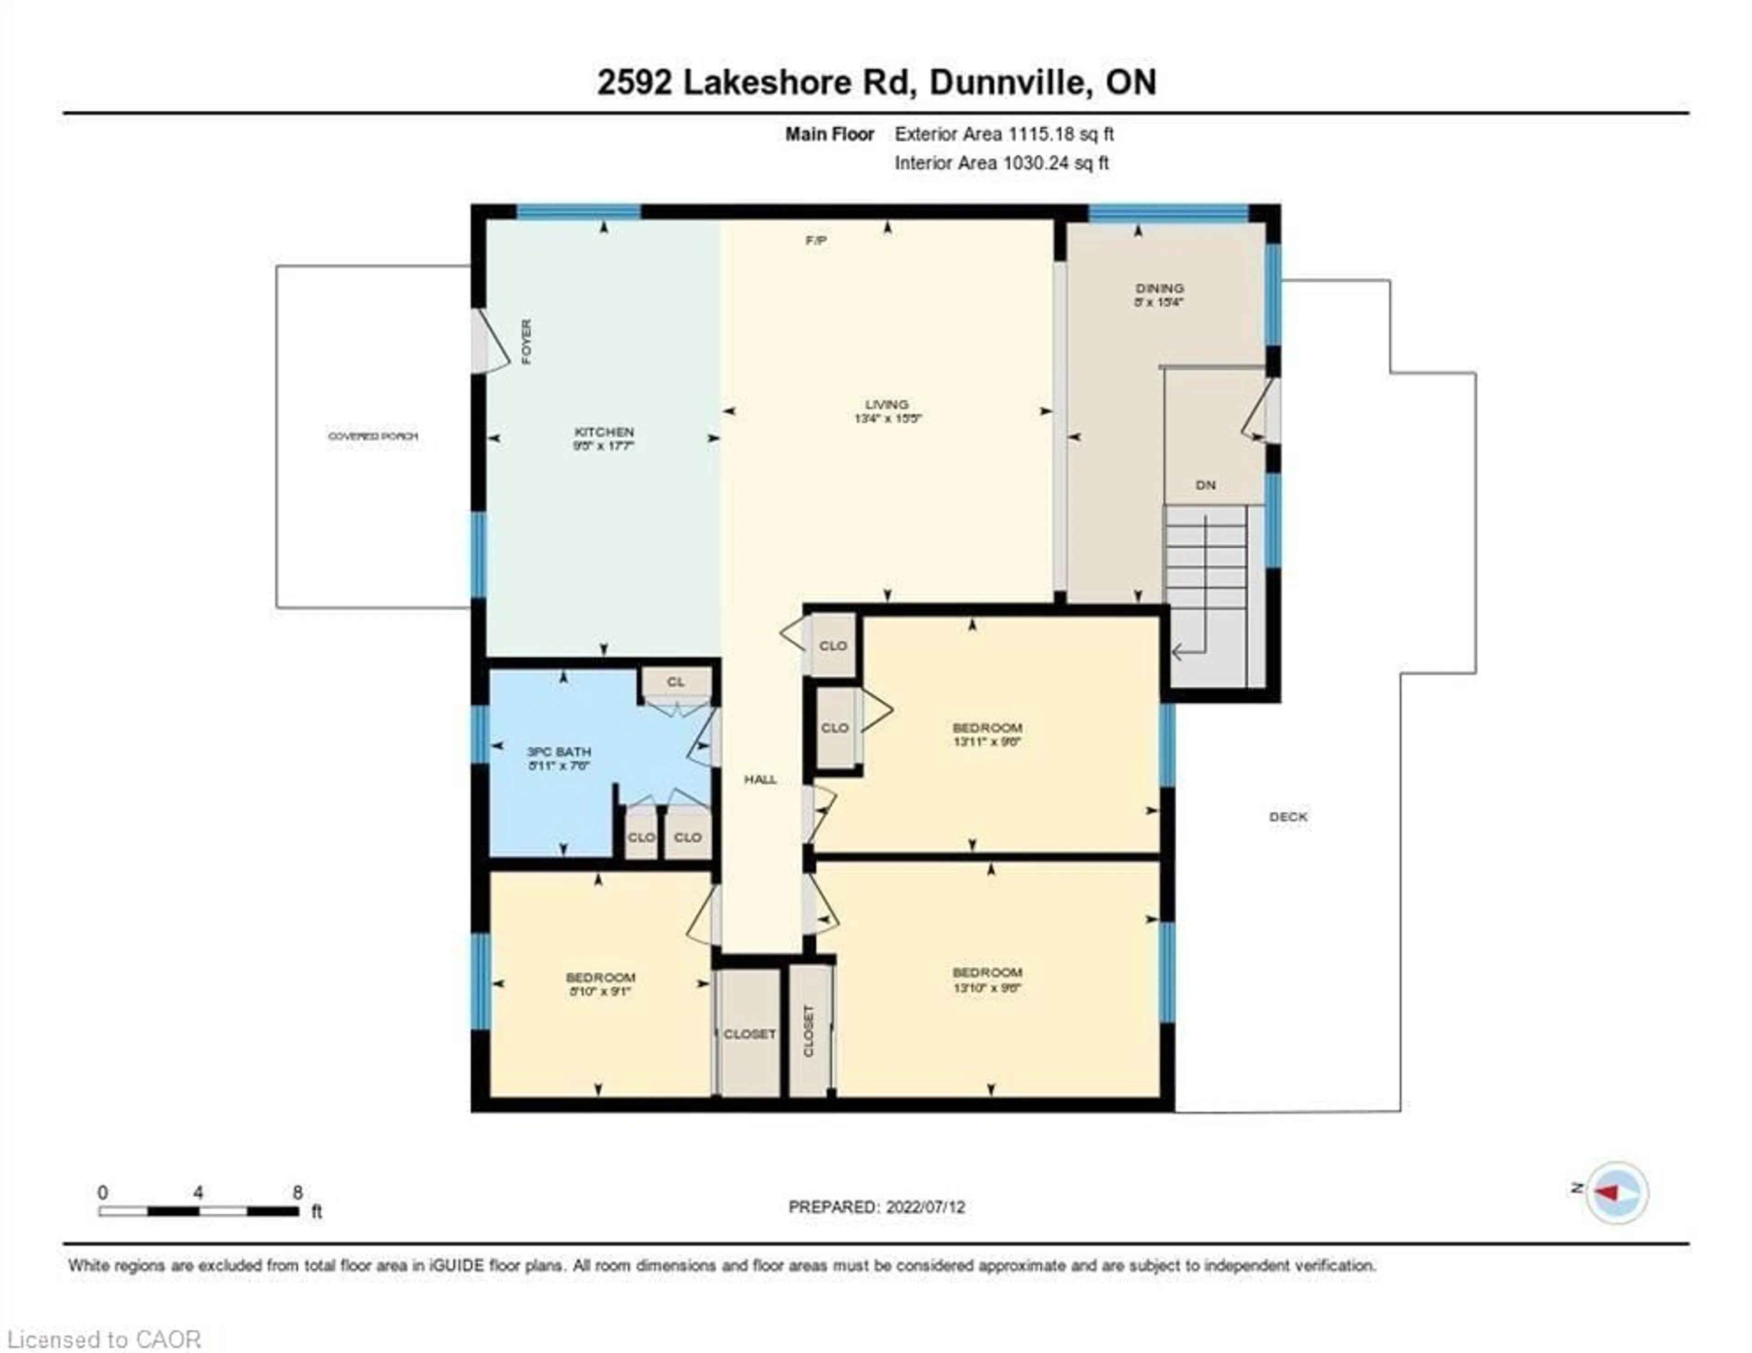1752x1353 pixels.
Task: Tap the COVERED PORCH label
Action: tap(373, 436)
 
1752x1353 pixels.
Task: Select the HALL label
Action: tap(760, 779)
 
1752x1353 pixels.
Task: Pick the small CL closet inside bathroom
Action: tap(675, 682)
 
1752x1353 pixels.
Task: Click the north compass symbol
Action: tap(1616, 1192)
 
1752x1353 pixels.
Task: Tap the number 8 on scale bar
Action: tap(297, 1192)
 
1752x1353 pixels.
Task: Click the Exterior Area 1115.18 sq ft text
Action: tap(1004, 134)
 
